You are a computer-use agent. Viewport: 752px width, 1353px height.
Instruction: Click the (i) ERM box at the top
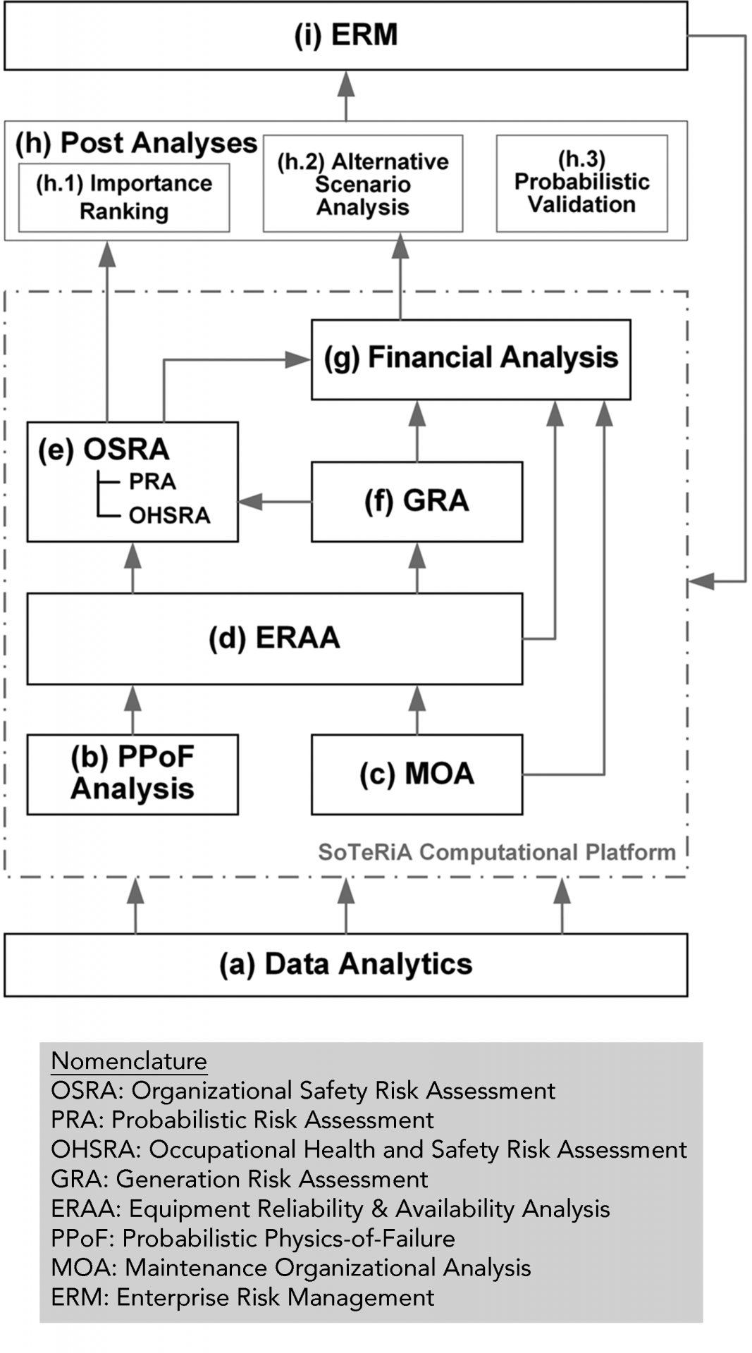tap(345, 36)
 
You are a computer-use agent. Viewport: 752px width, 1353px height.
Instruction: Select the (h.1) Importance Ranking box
tap(124, 198)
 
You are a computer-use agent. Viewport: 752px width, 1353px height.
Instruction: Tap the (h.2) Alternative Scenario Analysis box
tap(363, 184)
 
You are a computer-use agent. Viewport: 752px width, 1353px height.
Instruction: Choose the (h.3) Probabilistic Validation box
tap(582, 184)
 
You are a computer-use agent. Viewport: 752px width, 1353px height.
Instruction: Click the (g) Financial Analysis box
tap(471, 359)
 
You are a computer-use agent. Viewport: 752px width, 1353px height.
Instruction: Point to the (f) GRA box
tap(417, 502)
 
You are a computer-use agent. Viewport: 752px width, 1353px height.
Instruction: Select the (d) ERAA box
tap(275, 638)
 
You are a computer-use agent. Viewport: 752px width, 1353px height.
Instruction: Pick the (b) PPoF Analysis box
tap(132, 774)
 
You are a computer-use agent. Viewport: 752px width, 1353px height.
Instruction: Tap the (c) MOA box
tap(417, 774)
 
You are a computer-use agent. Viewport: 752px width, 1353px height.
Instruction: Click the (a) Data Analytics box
tap(345, 965)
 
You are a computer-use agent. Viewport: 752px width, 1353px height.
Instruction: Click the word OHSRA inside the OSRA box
tap(169, 516)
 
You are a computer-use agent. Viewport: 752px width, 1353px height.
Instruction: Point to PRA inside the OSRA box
tap(152, 482)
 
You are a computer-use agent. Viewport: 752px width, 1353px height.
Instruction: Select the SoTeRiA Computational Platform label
tap(497, 852)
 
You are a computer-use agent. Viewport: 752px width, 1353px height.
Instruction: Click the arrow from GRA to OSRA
tap(275, 502)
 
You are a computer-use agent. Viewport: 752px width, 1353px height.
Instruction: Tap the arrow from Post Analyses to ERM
tap(345, 96)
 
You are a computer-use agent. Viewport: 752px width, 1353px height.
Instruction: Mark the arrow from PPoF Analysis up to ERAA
tap(132, 710)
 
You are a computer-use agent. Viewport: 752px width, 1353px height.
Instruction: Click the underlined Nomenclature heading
tap(129, 1061)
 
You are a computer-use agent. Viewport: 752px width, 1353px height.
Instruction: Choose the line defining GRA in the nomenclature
tap(240, 1179)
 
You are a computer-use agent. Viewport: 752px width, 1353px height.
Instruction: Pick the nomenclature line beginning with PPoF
tap(253, 1238)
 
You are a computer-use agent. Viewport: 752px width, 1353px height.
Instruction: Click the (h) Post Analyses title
tap(136, 143)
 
